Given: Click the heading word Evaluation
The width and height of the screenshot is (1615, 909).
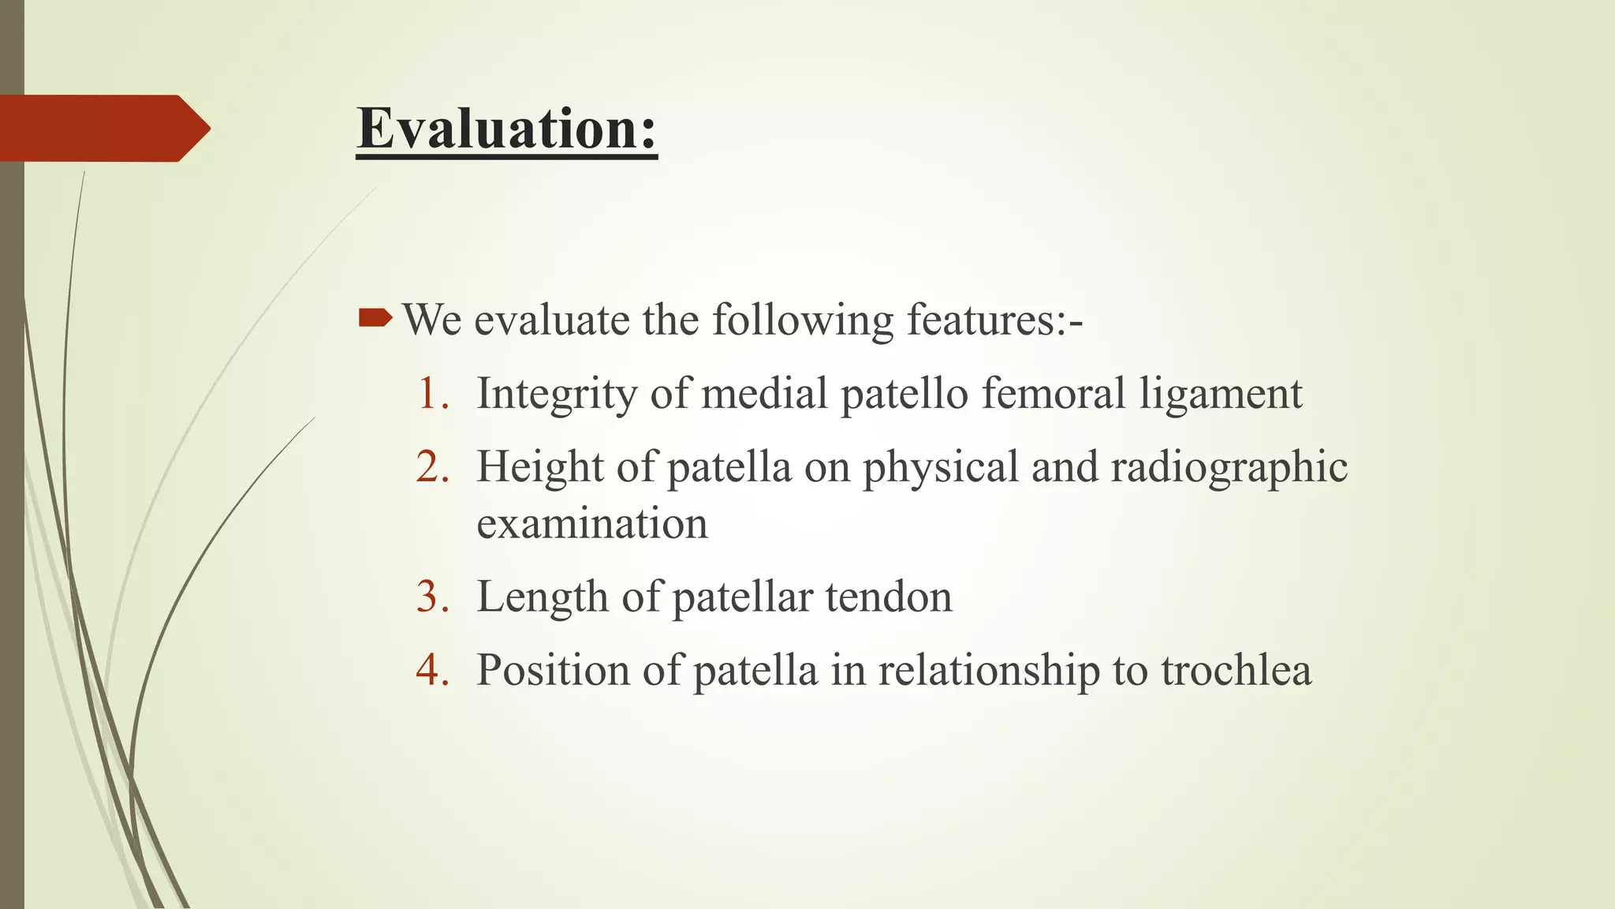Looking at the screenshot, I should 505,128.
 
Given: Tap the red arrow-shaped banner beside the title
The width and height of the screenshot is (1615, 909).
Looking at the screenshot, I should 103,129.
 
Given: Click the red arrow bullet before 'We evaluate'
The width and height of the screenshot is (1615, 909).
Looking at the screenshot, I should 375,319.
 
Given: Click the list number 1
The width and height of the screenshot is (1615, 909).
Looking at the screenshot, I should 432,394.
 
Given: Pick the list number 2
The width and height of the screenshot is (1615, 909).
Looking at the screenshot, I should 432,467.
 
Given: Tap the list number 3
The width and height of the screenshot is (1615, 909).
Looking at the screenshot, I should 432,597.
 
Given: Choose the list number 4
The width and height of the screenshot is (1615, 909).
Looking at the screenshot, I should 432,670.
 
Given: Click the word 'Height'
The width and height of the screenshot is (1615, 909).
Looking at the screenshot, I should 539,467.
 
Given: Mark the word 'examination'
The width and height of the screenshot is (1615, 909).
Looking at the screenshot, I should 592,524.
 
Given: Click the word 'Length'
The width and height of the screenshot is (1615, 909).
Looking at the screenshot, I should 543,597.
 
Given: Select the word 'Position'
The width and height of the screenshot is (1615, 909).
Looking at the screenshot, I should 552,670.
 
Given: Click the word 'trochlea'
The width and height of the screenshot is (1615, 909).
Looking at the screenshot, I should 1236,670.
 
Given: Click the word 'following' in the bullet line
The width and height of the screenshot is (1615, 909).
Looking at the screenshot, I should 803,320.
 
